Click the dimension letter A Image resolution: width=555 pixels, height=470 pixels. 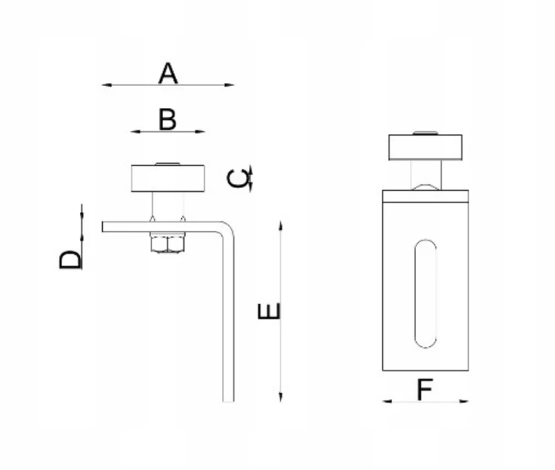point(168,73)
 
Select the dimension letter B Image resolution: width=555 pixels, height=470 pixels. point(167,120)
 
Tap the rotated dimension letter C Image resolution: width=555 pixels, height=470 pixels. point(238,178)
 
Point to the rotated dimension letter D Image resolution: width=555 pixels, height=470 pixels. point(70,260)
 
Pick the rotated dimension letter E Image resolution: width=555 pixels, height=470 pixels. point(269,311)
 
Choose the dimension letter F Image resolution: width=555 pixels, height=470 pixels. point(425,389)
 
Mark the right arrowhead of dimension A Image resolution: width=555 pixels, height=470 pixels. point(229,85)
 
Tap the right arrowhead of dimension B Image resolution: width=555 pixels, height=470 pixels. point(201,132)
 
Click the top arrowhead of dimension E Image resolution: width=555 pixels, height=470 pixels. point(280,226)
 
